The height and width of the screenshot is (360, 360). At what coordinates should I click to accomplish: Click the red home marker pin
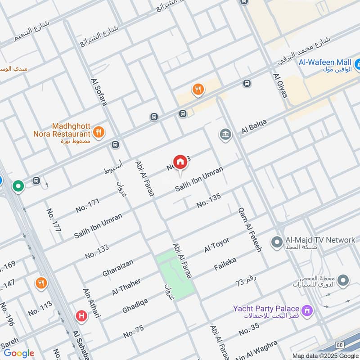point(180,162)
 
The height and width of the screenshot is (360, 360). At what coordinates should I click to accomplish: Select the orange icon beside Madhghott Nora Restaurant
point(98,132)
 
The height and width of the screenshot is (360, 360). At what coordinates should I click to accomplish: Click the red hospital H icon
point(81,316)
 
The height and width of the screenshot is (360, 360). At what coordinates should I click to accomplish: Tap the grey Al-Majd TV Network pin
point(276,243)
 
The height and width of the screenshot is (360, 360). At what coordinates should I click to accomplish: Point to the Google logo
point(19,353)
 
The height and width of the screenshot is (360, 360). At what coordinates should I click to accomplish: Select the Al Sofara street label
point(99,92)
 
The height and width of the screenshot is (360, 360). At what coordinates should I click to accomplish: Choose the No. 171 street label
point(87,206)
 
